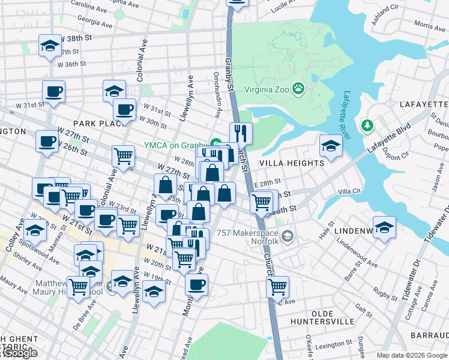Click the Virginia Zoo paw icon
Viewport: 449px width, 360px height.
(299, 91)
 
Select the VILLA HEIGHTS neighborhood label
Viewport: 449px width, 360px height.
(292, 163)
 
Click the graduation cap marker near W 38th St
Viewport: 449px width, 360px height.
(50, 46)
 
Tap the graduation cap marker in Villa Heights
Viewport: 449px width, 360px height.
(331, 145)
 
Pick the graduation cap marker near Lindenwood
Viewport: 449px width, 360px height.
(384, 227)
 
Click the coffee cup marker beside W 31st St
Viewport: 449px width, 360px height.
(53, 92)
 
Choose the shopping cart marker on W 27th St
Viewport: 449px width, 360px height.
(123, 156)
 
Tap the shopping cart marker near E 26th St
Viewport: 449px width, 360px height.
(261, 202)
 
